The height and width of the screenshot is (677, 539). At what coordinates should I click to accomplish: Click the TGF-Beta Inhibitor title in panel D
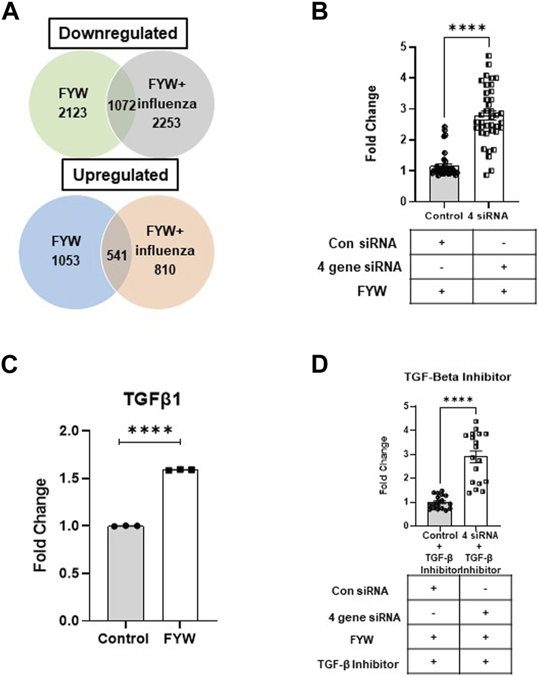coord(455,377)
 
